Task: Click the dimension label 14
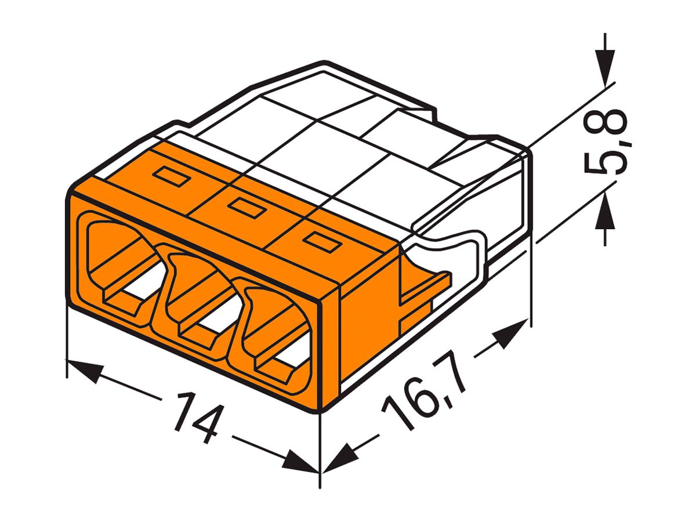(x=195, y=416)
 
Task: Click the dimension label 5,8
(x=605, y=142)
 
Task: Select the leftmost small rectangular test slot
(x=172, y=177)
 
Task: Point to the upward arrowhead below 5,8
(x=605, y=209)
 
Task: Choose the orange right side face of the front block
(x=365, y=331)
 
